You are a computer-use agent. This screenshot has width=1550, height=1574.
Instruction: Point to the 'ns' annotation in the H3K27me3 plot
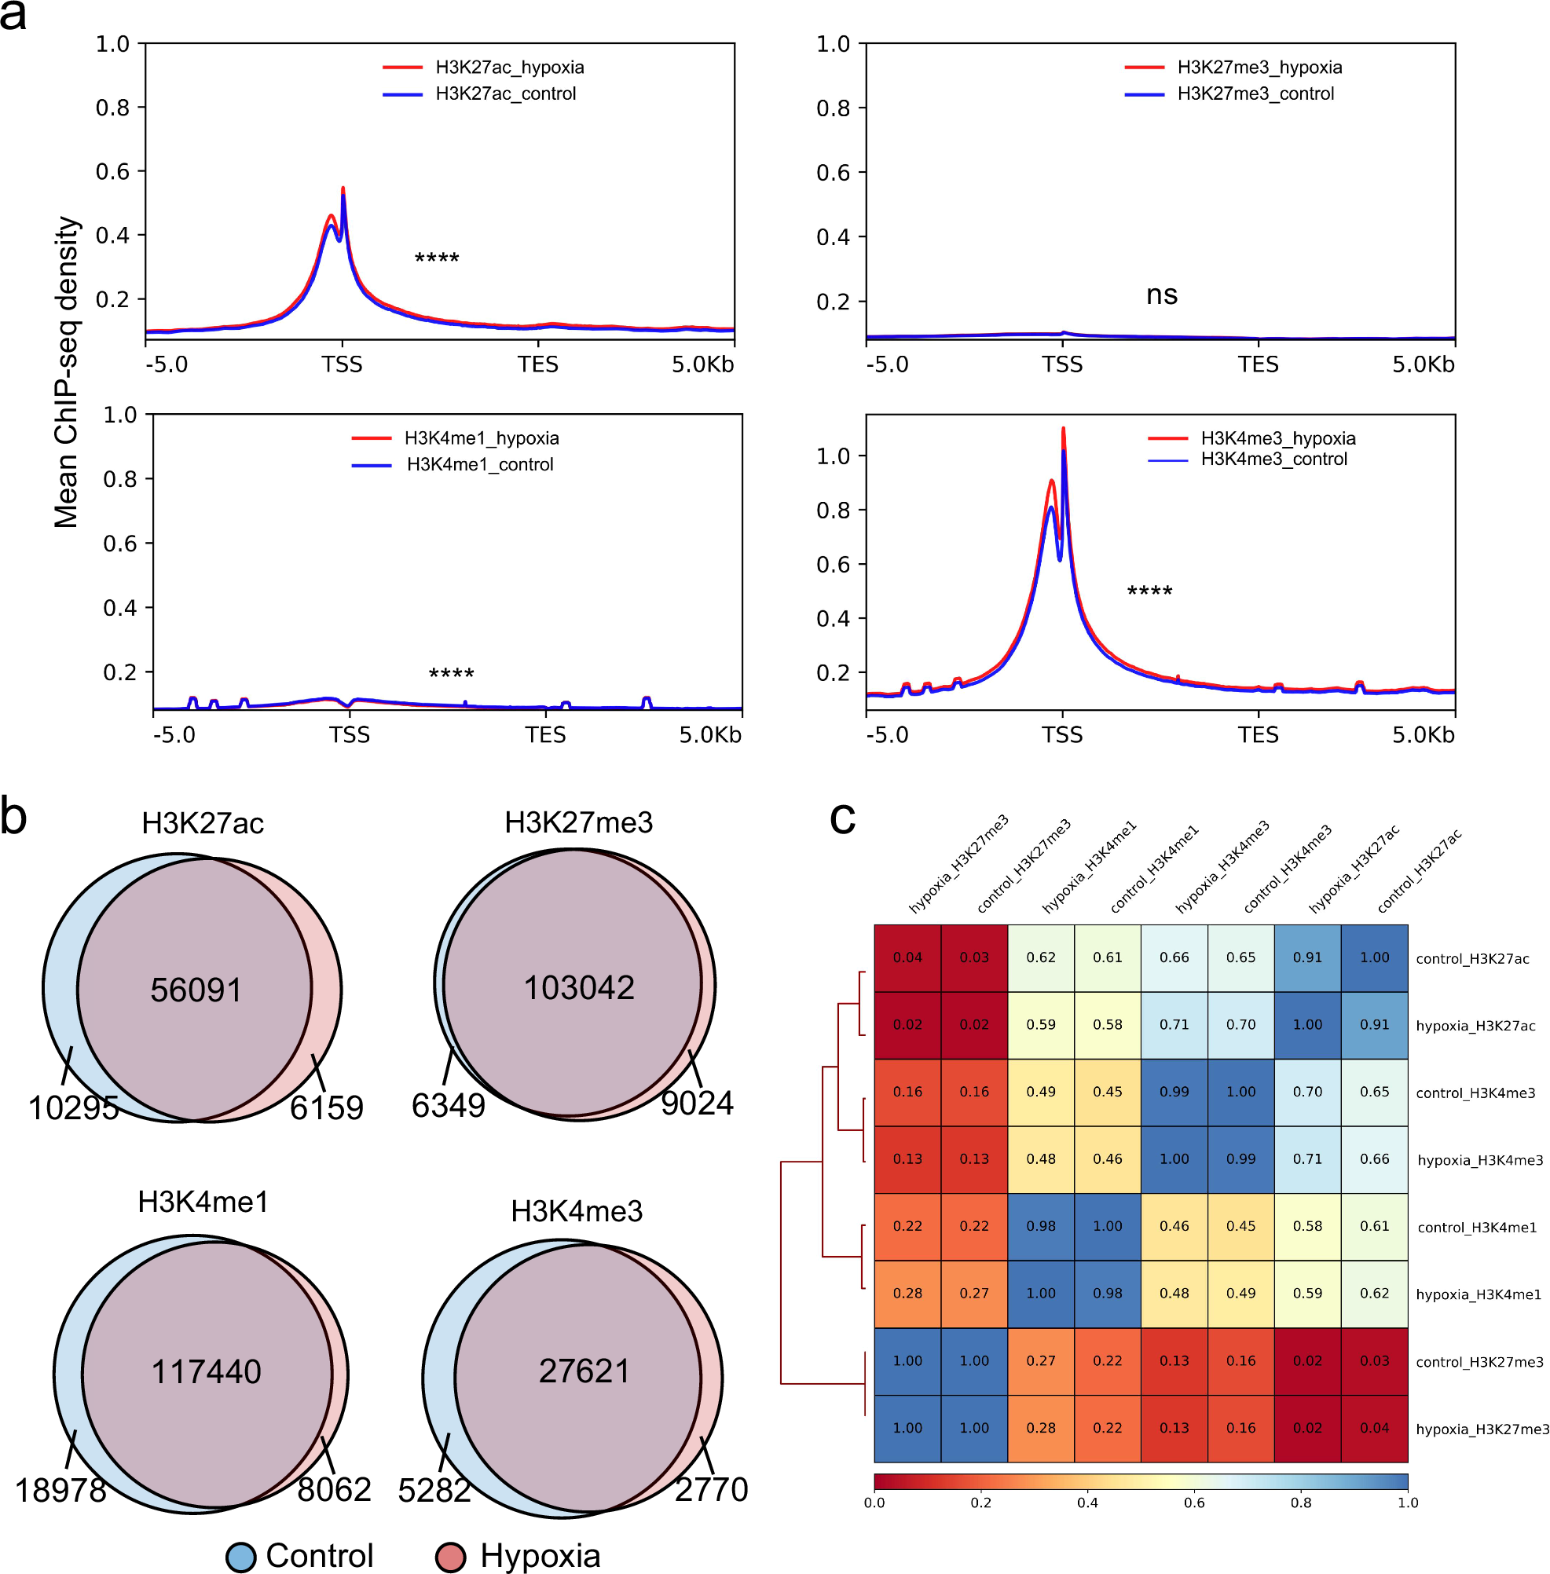click(x=1162, y=295)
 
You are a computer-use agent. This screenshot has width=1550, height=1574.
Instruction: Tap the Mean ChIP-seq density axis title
click(x=67, y=372)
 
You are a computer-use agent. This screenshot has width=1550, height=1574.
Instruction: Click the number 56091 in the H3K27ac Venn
click(x=196, y=990)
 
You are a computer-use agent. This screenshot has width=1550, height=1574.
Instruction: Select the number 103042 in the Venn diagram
click(x=579, y=988)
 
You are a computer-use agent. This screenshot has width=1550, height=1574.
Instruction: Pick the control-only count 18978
click(x=61, y=1490)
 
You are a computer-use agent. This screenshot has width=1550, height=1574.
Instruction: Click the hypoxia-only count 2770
click(x=712, y=1489)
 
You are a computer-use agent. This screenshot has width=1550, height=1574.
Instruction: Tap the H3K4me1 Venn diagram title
click(x=203, y=1202)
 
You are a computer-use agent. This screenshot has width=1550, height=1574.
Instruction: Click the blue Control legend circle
click(x=241, y=1557)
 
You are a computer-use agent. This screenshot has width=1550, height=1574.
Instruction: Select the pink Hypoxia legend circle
click(x=450, y=1557)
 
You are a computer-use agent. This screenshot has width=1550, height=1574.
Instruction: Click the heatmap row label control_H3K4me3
click(x=1475, y=1093)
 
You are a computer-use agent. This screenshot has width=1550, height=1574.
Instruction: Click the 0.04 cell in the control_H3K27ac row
click(x=907, y=958)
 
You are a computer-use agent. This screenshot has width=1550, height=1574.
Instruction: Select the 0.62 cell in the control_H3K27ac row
click(x=1041, y=958)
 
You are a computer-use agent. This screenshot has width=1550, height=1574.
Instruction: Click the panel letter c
click(x=843, y=817)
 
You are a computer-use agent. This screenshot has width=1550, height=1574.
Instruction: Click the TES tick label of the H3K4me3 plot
click(x=1258, y=736)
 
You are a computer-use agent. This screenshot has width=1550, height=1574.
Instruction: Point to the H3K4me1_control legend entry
click(x=479, y=465)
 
